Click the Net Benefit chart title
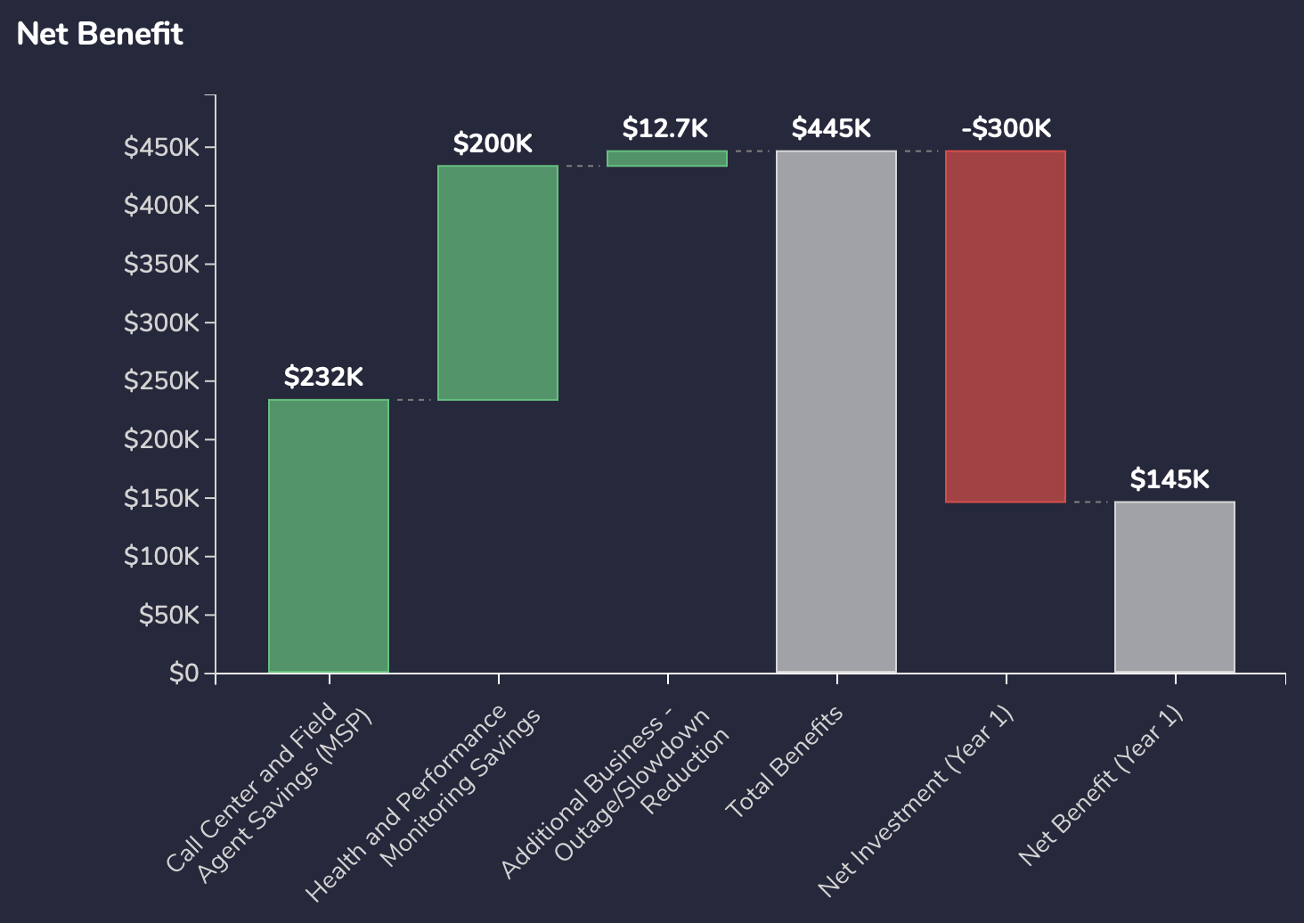pyautogui.click(x=100, y=34)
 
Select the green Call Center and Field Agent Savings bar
pyautogui.click(x=329, y=535)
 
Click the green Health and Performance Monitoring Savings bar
pyautogui.click(x=498, y=282)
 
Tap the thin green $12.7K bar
pyautogui.click(x=667, y=158)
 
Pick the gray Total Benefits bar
pyautogui.click(x=836, y=411)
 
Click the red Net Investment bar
pyautogui.click(x=1006, y=326)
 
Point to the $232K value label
pyautogui.click(x=323, y=377)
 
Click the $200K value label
pyautogui.click(x=493, y=143)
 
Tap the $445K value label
pyautogui.click(x=831, y=128)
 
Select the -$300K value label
pyautogui.click(x=1006, y=128)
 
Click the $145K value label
pyautogui.click(x=1170, y=479)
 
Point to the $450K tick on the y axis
pyautogui.click(x=161, y=147)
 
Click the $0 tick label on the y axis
pyautogui.click(x=183, y=673)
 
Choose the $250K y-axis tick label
pyautogui.click(x=161, y=381)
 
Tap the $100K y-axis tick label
pyautogui.click(x=161, y=556)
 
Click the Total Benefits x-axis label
pyautogui.click(x=784, y=763)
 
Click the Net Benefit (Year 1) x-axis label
pyautogui.click(x=1100, y=785)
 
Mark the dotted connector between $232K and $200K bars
pyautogui.click(x=413, y=400)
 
